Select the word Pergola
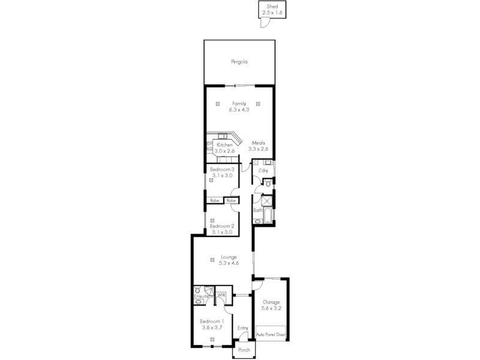click(239, 62)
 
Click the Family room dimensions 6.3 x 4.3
click(239, 110)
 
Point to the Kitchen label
click(224, 145)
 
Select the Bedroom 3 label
click(221, 170)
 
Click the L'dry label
click(263, 172)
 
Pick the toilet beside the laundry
click(268, 184)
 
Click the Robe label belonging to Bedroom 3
click(214, 200)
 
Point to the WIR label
click(221, 295)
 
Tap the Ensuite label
click(202, 297)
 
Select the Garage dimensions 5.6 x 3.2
click(271, 308)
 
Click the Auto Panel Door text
click(271, 334)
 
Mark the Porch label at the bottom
click(244, 350)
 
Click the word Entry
click(242, 328)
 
